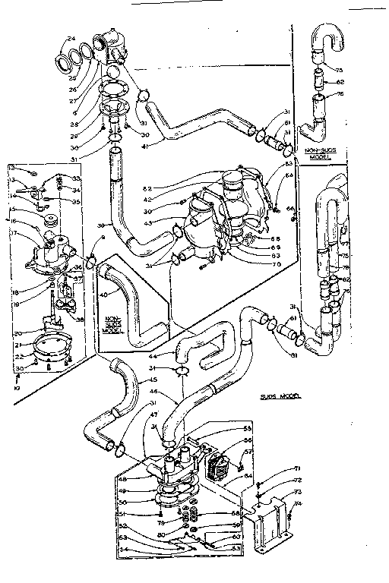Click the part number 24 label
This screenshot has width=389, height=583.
click(x=71, y=39)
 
